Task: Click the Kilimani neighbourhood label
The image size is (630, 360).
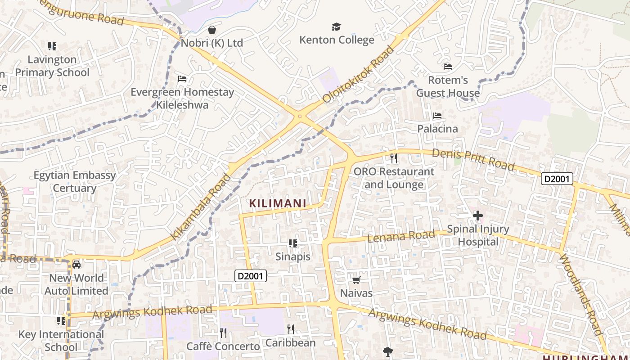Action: [278, 203]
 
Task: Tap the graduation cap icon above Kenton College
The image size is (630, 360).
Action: [336, 27]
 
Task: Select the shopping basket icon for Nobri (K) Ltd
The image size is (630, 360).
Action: [211, 30]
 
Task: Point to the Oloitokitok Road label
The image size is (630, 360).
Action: [358, 74]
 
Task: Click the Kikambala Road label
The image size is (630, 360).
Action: [201, 207]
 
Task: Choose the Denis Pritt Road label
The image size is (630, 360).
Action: [472, 159]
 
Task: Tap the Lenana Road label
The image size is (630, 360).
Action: [401, 235]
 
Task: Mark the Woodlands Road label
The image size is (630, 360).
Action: [581, 294]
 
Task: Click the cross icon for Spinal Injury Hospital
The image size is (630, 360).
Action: [477, 216]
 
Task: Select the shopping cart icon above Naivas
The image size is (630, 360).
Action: [356, 280]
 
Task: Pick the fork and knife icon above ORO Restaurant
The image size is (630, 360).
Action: [394, 158]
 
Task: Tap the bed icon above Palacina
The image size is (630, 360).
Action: [437, 116]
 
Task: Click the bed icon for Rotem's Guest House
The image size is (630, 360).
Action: [447, 67]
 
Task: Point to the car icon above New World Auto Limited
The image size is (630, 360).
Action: [76, 265]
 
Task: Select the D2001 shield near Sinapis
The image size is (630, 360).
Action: [251, 276]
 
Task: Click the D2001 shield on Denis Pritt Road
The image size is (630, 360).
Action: [557, 179]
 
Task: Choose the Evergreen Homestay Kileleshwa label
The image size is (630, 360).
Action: [182, 99]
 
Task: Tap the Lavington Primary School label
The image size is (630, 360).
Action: [52, 66]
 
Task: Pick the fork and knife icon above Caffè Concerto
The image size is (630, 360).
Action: [223, 333]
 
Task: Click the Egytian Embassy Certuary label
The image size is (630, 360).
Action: [75, 181]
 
